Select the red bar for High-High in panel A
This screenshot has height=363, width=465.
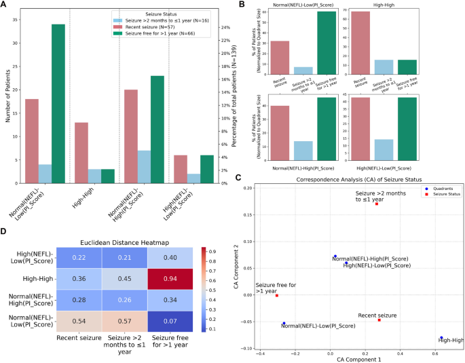(x=81, y=153)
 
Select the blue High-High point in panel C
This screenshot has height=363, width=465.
(x=441, y=337)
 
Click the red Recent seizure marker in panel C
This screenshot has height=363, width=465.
(x=379, y=320)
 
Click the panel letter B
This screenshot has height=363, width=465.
(x=236, y=5)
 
